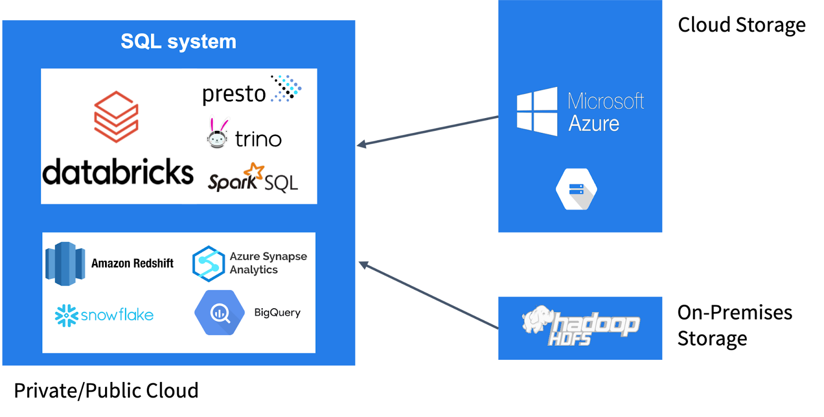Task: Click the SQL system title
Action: coord(178,41)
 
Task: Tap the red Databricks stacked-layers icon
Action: coord(116,116)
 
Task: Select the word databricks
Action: coord(118,172)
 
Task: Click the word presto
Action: coord(234,94)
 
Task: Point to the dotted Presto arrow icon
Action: coord(286,88)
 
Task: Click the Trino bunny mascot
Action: coord(218,135)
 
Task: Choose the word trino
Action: coord(258,139)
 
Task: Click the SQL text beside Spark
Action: coord(281,183)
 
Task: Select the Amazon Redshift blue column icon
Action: coord(65,263)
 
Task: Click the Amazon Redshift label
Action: coord(132,263)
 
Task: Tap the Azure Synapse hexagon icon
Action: coord(208,264)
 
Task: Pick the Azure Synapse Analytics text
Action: coord(268,263)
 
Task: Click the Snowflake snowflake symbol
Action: coord(66,315)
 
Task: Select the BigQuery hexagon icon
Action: coord(219,312)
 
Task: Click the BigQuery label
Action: coord(277,312)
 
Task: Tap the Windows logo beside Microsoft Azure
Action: coord(537,111)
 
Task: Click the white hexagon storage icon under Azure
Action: coord(576,189)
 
